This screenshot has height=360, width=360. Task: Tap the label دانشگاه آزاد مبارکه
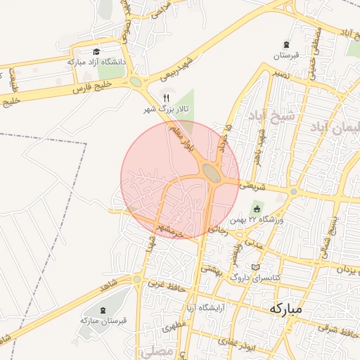(96, 62)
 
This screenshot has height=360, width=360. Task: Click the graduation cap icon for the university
(96, 51)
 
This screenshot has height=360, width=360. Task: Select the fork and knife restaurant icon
(166, 98)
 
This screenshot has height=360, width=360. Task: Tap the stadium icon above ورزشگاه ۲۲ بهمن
(257, 210)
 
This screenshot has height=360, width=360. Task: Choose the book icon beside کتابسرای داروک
(255, 268)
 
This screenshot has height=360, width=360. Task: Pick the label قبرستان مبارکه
(103, 321)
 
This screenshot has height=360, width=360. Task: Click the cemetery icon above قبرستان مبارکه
(103, 310)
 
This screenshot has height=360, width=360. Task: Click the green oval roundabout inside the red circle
(211, 172)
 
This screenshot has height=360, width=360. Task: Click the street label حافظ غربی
(167, 286)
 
